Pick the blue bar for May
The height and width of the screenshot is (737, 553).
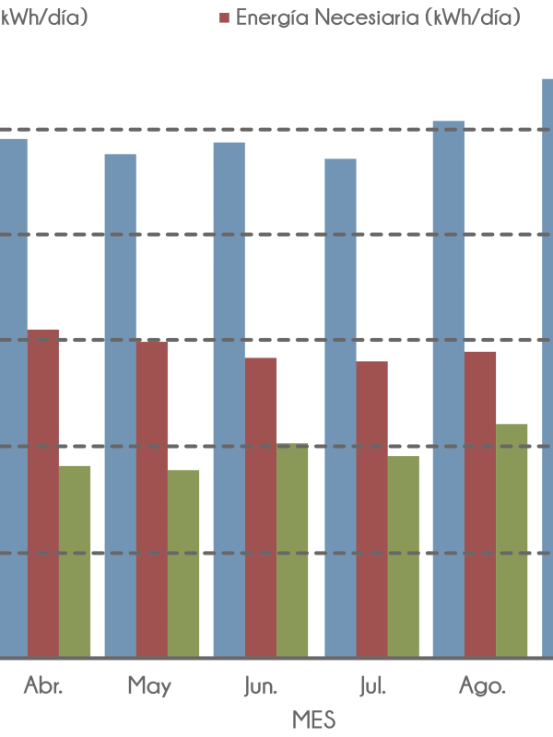coord(120,405)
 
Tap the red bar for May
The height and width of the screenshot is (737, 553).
coord(152,498)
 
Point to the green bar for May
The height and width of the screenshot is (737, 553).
coord(183,563)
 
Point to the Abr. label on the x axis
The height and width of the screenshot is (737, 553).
coord(43,686)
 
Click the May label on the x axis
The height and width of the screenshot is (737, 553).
coord(149,686)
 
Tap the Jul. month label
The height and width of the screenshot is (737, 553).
coord(371,687)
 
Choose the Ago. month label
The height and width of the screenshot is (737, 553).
coord(482,687)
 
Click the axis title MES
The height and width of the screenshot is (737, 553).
coord(313,719)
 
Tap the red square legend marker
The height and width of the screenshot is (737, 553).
coord(224,18)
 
